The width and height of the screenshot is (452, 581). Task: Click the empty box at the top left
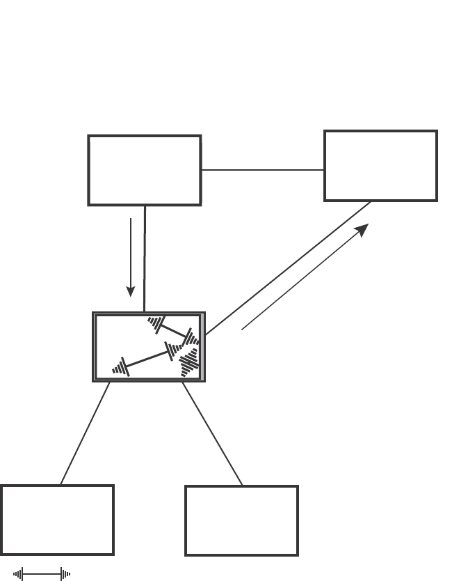coord(145,171)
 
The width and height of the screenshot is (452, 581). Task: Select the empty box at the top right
coord(380,166)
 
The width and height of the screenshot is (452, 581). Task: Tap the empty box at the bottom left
coord(57,520)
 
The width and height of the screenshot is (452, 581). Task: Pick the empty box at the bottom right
coord(241,520)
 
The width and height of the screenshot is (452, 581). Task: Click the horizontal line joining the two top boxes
coord(262,169)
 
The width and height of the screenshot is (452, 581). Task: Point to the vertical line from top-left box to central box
coord(145,258)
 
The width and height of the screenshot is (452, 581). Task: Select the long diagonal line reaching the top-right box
coord(289,267)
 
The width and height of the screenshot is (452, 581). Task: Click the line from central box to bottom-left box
coord(85,433)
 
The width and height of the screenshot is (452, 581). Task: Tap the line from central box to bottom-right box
coord(212,433)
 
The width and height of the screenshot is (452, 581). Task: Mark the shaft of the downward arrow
coord(131,251)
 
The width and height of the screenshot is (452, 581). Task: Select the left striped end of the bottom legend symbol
coord(19,574)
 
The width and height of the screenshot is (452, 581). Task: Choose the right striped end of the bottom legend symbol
coord(65,574)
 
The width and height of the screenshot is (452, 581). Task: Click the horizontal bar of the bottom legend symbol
coord(42,574)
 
